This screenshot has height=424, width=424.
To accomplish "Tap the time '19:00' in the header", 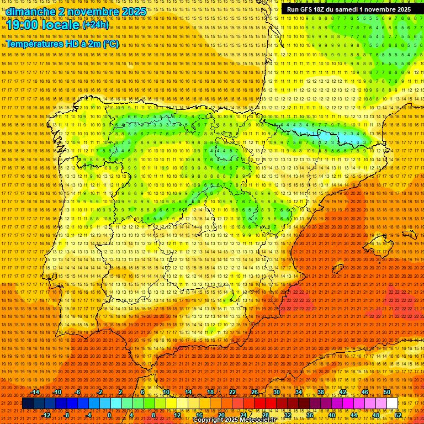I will pos(24,25).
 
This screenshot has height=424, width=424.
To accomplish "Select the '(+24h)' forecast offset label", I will pos(96,25).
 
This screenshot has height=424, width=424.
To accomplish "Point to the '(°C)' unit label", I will pos(111,44).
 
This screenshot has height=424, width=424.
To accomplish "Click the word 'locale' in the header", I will pos(61,25).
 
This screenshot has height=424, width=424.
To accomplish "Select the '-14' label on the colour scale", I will pos(35,392).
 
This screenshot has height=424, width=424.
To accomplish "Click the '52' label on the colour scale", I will pos(398,415).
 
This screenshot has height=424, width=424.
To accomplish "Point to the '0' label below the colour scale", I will pos(109,415).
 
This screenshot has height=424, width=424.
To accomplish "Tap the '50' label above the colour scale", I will pos(386,392).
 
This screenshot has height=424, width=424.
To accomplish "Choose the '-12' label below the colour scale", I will pos(46,415).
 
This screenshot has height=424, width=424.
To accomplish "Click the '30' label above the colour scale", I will pos(276,392).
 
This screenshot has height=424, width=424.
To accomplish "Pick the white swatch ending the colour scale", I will pos(392,404).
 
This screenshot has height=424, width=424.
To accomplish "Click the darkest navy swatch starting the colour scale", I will pos(28,404).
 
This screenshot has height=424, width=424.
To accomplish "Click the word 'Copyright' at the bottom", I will pos(208,420).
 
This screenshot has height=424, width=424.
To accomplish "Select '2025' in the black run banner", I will pos(401,9).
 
